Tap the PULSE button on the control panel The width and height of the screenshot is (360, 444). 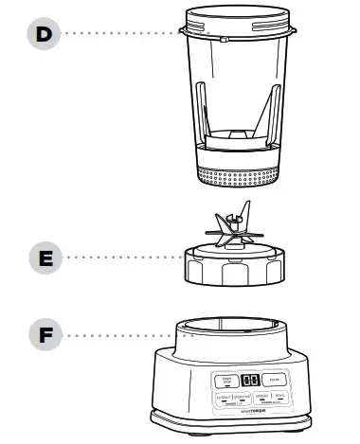pyautogui.click(x=272, y=381)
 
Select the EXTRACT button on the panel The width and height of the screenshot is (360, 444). pyautogui.click(x=224, y=397)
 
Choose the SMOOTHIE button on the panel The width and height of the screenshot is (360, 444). pyautogui.click(x=243, y=397)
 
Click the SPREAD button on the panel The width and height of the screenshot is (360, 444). pyautogui.click(x=261, y=397)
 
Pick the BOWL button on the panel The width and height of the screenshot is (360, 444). pyautogui.click(x=281, y=397)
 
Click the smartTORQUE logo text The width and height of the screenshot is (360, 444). pyautogui.click(x=251, y=411)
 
